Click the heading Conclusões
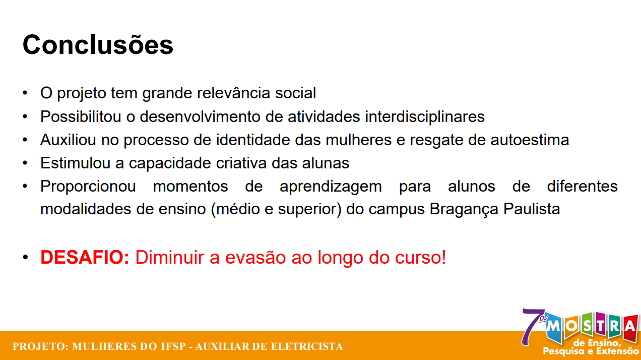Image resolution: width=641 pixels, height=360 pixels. pos(98,45)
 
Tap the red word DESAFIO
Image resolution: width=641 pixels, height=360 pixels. pos(85,258)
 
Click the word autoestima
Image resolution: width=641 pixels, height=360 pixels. pos(530,140)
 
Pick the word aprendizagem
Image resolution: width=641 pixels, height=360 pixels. pos(331,186)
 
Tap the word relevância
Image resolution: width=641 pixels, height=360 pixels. pos(233,93)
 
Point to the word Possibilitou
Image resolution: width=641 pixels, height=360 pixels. pos(81,116)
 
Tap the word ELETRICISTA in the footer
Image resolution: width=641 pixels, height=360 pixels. pos(307,346)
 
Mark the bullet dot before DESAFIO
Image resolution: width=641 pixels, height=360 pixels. pos(25,258)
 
